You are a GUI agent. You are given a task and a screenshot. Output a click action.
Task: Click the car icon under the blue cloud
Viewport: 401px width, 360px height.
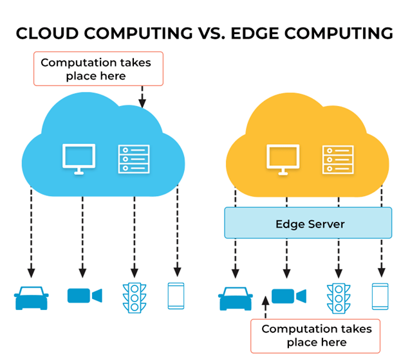31,297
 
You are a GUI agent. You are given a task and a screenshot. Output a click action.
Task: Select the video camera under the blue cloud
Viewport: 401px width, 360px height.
84,296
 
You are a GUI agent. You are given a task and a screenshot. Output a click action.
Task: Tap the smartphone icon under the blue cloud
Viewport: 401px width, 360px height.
176,296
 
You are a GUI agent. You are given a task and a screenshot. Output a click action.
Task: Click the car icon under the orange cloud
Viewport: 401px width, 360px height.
235,297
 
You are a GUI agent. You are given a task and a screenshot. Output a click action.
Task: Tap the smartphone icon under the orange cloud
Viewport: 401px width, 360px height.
380,296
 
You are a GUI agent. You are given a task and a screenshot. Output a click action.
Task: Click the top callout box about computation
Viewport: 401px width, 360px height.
97,68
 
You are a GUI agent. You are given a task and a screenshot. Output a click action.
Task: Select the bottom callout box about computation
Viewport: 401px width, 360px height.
316,335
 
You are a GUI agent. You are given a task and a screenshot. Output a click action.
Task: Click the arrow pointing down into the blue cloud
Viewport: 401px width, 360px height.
142,98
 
